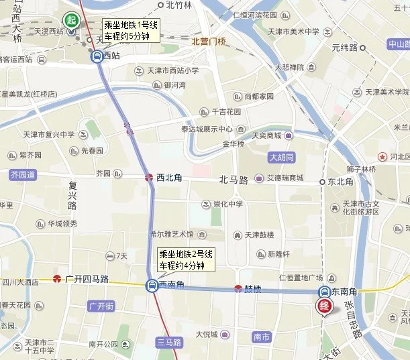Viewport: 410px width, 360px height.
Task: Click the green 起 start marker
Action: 70,20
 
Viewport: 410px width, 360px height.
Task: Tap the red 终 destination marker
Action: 323,307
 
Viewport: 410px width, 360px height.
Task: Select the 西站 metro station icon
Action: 97,56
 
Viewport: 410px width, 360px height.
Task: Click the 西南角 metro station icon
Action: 152,286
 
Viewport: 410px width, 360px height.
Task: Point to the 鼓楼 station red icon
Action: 238,290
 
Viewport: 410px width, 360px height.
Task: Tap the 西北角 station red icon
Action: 149,178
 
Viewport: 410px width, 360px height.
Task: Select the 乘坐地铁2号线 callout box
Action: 186,259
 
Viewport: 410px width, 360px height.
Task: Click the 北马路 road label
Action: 234,180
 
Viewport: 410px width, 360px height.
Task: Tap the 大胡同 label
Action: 282,158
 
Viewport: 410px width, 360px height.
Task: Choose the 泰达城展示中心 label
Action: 206,129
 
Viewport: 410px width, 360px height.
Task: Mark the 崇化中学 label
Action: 227,204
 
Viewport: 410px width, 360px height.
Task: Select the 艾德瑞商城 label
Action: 285,179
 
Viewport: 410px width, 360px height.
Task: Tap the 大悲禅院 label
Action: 289,67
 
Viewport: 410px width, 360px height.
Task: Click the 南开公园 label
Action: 103,345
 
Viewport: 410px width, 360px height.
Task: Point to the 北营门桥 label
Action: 208,42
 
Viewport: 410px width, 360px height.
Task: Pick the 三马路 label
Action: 168,342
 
